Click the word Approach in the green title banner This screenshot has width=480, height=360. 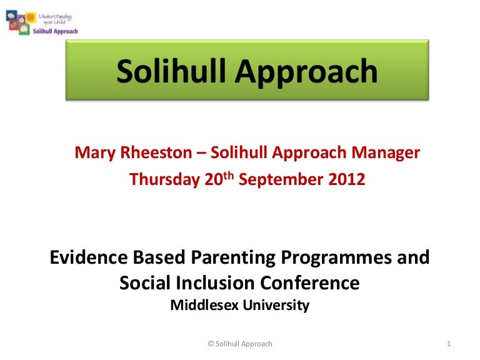click(307, 73)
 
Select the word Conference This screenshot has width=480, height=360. click(313, 284)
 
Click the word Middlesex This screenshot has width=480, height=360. click(202, 306)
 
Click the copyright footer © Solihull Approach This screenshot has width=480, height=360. click(239, 344)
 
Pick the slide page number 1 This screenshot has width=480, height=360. click(450, 344)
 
